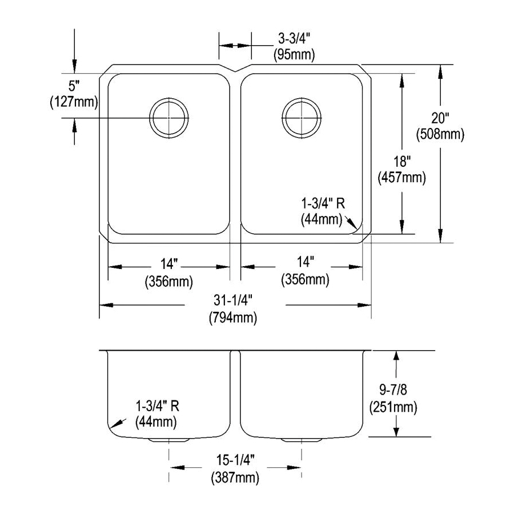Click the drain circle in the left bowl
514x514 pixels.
168,117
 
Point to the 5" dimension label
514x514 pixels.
72,87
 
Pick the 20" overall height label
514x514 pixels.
440,119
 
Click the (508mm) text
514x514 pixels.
440,135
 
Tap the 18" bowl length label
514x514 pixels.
401,163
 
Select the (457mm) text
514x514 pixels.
401,178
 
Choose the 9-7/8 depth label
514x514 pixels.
393,392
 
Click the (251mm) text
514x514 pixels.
393,408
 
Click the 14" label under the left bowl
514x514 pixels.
170,264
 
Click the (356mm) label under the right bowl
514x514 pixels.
305,280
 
